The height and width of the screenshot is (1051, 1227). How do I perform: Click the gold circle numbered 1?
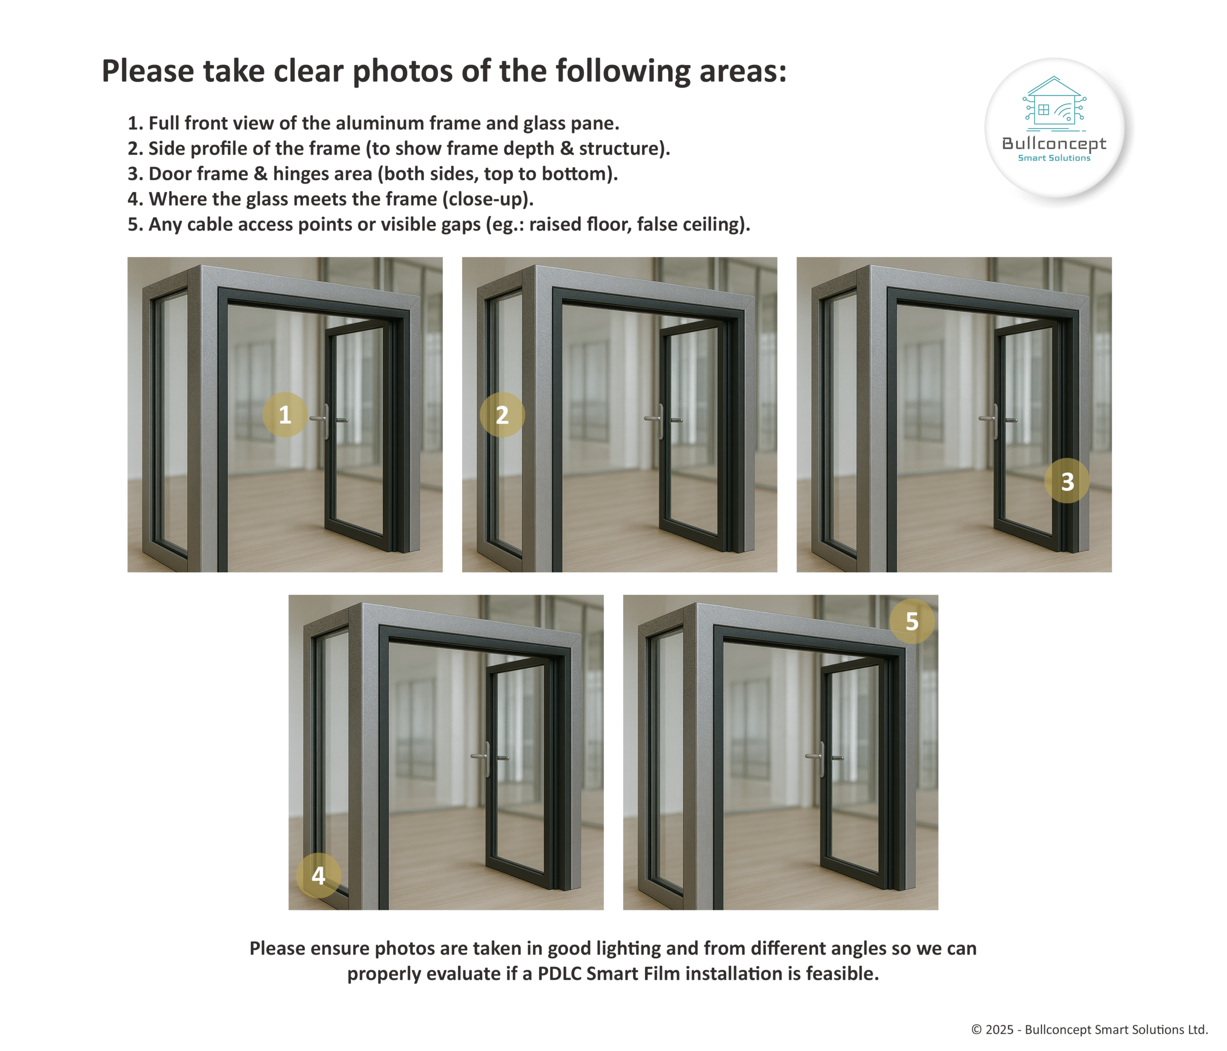(285, 415)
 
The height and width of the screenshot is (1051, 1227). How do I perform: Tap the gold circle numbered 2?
(502, 415)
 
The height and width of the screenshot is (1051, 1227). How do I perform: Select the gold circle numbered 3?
(1067, 481)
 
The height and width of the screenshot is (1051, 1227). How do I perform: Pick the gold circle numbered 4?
(319, 875)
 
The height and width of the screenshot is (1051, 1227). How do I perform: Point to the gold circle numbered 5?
(913, 621)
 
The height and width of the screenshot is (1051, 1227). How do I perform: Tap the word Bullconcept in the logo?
(1054, 143)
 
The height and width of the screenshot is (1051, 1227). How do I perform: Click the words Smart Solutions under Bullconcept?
(1054, 158)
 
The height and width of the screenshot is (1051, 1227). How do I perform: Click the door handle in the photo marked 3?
(996, 420)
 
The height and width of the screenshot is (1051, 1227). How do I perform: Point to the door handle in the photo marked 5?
(823, 758)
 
